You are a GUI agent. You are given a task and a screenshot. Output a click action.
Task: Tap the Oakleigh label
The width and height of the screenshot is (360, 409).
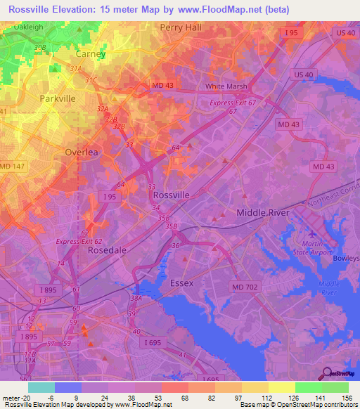pos(33,27)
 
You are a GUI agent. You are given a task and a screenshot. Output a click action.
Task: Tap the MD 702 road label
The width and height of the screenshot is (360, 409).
pos(246,286)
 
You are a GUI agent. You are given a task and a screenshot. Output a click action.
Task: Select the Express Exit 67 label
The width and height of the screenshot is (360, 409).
pos(233,103)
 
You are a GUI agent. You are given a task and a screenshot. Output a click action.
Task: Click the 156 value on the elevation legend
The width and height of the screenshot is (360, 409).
pos(346,396)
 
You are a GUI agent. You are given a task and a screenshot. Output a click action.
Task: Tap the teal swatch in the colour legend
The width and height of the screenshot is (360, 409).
pos(41,387)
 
